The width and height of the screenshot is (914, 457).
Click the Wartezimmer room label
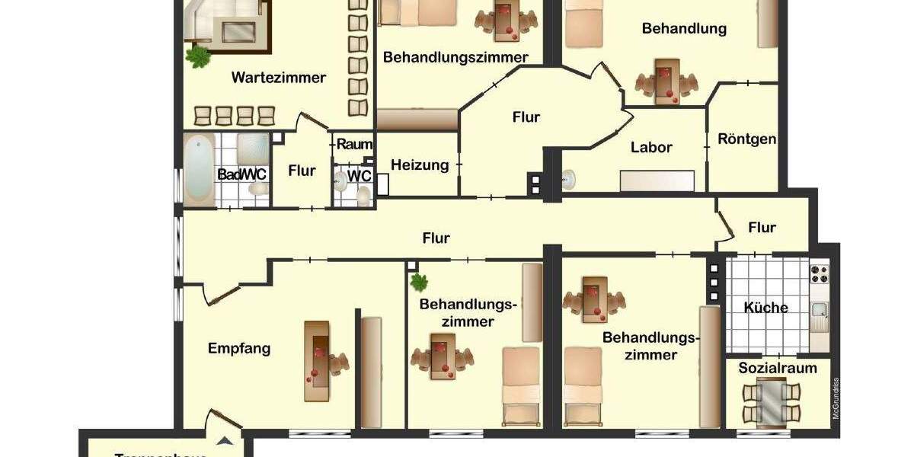[x=279, y=78]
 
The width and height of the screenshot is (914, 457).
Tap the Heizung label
[x=420, y=165]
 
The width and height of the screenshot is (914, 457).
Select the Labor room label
[x=651, y=148]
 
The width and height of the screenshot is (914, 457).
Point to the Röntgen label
[x=747, y=139]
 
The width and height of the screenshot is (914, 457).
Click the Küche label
[x=765, y=308]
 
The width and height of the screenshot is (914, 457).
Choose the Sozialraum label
[x=778, y=369]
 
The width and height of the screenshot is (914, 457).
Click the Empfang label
[x=239, y=350]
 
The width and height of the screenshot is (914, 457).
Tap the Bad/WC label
[x=242, y=174]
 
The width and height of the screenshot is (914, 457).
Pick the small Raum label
[x=354, y=144]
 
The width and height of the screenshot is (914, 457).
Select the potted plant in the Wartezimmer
[x=198, y=56]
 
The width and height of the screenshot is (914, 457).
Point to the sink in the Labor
[x=567, y=180]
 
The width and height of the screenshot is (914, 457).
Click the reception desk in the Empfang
[x=318, y=360]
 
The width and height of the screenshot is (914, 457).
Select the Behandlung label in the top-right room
[x=684, y=29]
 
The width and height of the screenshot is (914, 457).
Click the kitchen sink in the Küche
[x=820, y=311]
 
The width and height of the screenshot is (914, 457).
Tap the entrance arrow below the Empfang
[x=224, y=439]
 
